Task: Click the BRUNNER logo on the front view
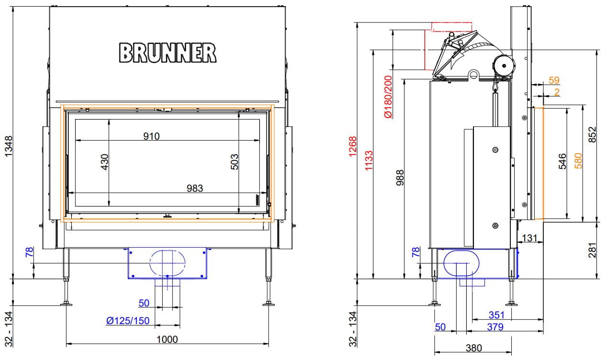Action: [167, 53]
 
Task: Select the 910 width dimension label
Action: [152, 136]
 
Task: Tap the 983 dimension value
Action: [195, 188]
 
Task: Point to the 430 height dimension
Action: [105, 162]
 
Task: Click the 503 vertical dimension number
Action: [235, 162]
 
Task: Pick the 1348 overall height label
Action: [9, 146]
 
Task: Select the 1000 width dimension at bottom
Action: [167, 339]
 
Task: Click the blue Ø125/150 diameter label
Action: [128, 321]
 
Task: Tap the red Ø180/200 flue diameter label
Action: [388, 97]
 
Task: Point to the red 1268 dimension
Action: [353, 147]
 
